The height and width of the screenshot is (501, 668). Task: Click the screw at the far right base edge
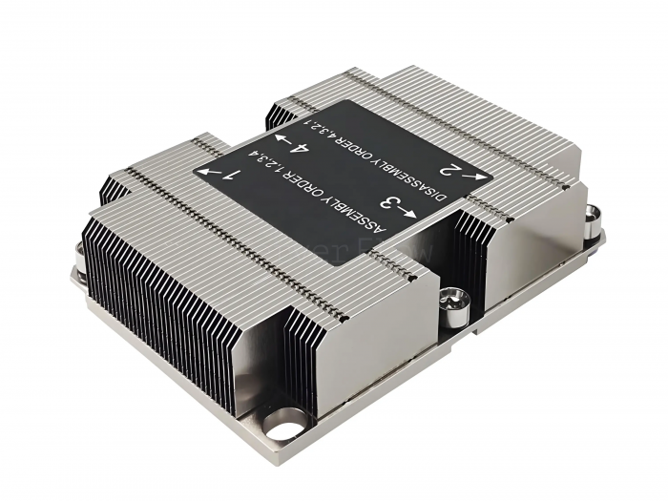[593, 219]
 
